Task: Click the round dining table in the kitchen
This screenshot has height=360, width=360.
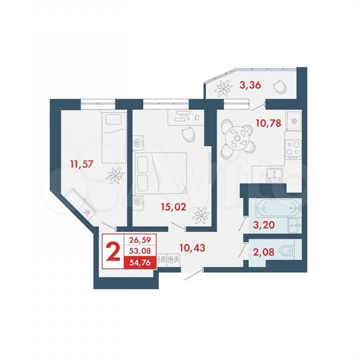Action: pyautogui.click(x=236, y=137)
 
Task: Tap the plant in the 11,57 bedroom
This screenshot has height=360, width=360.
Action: pyautogui.click(x=115, y=176)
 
